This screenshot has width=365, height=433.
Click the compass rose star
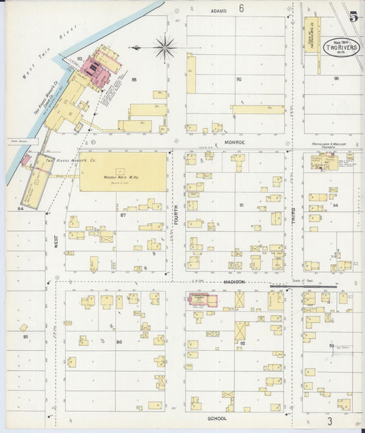click(164, 47)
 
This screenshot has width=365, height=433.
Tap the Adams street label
click(218, 11)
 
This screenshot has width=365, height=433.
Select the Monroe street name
click(233, 143)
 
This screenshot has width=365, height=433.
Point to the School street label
click(216, 417)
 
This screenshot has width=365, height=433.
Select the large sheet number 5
click(353, 17)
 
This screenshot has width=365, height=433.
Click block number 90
click(238, 79)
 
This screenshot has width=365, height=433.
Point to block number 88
click(134, 80)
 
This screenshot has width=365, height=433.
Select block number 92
click(242, 343)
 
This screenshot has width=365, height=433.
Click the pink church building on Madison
click(203, 300)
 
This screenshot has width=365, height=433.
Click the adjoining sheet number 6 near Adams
click(241, 9)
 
